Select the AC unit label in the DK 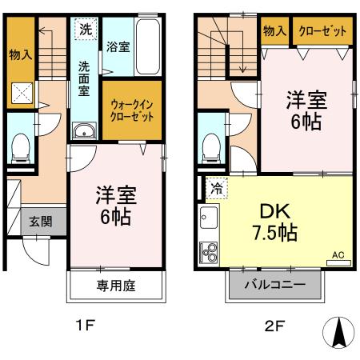coord(338,255)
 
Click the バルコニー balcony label coord(277,284)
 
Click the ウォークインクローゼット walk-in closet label coord(125,107)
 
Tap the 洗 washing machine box coord(85,29)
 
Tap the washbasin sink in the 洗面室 coord(83,132)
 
